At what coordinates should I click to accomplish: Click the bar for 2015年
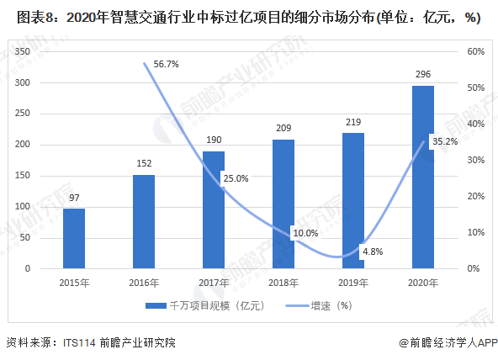[x=74, y=238]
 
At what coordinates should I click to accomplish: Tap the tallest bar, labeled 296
[x=422, y=177]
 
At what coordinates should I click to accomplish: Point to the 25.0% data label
[x=235, y=177]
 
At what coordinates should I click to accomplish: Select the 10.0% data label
[x=305, y=232]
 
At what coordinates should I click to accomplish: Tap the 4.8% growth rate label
[x=372, y=251]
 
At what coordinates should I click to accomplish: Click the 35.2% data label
[x=443, y=141]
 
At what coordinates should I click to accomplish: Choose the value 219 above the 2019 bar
[x=353, y=122]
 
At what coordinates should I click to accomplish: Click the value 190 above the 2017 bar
[x=214, y=140]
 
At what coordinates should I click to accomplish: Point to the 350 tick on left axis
[x=23, y=52]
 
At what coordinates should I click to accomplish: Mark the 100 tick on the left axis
[x=23, y=207]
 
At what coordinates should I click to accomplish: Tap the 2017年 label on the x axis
[x=214, y=283]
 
